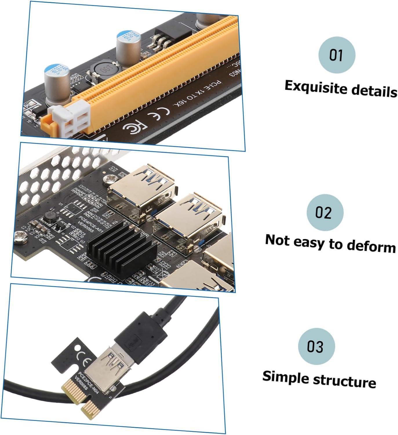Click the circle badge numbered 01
click(x=337, y=55)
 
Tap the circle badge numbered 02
click(x=325, y=212)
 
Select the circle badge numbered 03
click(x=316, y=346)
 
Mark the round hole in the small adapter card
click(x=78, y=347)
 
